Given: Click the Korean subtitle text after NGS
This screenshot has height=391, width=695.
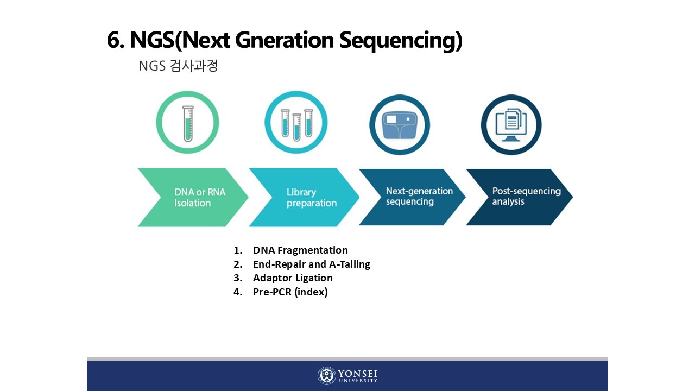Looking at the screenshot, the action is point(193,66).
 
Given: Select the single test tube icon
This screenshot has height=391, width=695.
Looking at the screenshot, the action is point(187,123).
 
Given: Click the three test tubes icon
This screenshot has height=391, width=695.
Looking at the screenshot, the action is point(296,123).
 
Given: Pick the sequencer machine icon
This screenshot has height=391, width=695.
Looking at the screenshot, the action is point(400,124).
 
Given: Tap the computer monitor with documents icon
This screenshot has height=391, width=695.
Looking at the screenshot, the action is point(511,124).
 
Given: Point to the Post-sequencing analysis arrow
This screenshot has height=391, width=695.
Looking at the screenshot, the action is point(519,197).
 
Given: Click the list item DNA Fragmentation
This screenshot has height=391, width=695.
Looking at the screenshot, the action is point(300,250).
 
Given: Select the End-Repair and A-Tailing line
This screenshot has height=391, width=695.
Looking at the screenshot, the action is point(311,264).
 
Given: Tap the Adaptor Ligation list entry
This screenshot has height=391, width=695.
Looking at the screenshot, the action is point(293,278).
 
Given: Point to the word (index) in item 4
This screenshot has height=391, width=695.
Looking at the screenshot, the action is point(311,292).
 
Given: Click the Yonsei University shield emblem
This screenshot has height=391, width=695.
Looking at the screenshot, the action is point(326,376).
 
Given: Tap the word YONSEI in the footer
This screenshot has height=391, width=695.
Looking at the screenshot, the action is point(358,374).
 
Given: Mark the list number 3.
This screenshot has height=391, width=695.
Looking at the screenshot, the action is point(237,278).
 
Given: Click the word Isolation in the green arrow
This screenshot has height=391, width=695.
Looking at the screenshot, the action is point(192,203).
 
